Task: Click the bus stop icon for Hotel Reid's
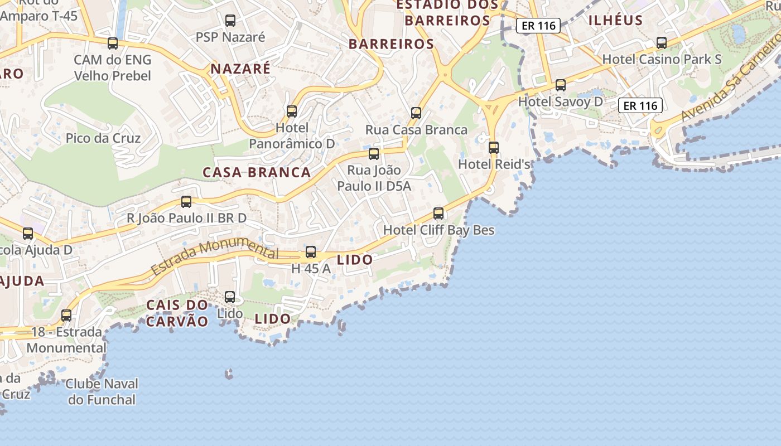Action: [x=493, y=148]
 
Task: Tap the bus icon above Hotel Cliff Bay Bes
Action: [x=438, y=214]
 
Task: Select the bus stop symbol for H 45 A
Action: [x=311, y=252]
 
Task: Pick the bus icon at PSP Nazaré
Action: [x=230, y=21]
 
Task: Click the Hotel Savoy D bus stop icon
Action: [x=561, y=85]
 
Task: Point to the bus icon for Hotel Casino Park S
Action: [x=662, y=43]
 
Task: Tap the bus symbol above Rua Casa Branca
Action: [x=416, y=113]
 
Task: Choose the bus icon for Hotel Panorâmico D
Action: [x=292, y=111]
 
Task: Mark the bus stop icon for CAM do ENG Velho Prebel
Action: [x=113, y=43]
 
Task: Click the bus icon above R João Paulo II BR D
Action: [x=186, y=202]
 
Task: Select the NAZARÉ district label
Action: [x=240, y=69]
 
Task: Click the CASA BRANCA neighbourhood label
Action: [x=257, y=172]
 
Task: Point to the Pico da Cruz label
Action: [x=103, y=138]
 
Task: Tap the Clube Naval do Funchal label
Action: [x=102, y=391]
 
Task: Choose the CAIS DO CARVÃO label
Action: [x=177, y=313]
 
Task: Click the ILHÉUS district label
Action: [x=616, y=21]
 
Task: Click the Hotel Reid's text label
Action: [x=494, y=164]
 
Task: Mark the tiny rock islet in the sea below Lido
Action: [x=229, y=374]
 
